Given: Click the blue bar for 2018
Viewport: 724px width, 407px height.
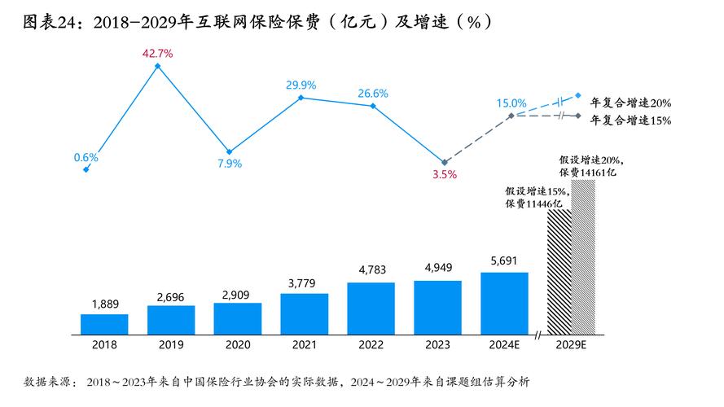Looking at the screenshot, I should (104, 324).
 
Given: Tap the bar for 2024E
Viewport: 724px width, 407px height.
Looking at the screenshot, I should (504, 303).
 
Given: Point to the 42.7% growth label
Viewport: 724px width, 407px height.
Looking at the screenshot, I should (157, 53).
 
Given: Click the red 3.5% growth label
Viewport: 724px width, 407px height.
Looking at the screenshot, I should (444, 174).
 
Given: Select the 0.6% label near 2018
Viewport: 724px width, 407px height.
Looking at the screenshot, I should (86, 157).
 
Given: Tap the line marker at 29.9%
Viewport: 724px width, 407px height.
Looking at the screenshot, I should (301, 98).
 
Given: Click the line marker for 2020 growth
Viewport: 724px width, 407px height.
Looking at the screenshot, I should (229, 151).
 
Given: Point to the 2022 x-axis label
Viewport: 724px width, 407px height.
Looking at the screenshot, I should (371, 345).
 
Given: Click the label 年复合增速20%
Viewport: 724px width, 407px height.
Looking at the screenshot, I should (630, 103).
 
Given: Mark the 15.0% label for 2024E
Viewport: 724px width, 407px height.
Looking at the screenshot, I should (511, 103).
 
